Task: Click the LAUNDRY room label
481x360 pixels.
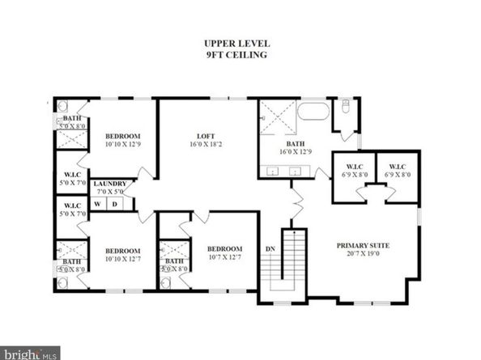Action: tap(109, 184)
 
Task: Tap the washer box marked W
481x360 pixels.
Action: tap(99, 204)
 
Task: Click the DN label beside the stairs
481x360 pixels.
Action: tap(270, 249)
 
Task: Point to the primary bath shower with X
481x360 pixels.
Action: tap(277, 118)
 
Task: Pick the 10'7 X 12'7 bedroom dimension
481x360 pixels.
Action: tap(224, 258)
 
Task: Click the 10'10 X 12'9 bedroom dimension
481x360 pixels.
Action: tap(122, 145)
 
